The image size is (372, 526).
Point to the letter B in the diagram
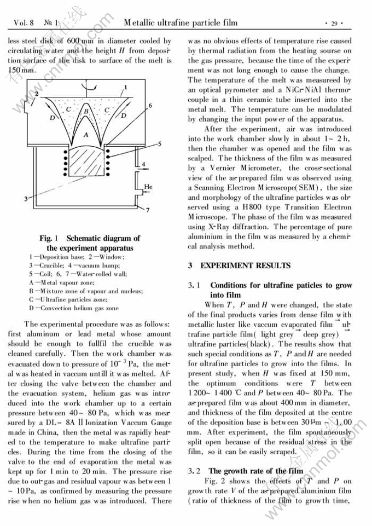point(86,111)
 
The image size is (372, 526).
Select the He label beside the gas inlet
point(147,187)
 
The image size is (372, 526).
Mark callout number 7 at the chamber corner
point(148,209)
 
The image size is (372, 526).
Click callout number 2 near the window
point(36,94)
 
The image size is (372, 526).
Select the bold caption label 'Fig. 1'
point(49,238)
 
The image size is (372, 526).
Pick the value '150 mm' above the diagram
point(21,71)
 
